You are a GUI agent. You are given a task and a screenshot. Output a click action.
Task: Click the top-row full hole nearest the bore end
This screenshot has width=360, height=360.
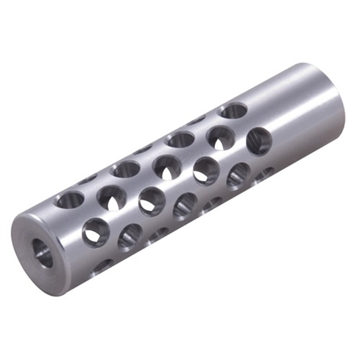click(x=69, y=199)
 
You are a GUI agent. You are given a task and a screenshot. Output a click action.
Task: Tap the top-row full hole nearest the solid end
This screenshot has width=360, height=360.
click(x=233, y=110)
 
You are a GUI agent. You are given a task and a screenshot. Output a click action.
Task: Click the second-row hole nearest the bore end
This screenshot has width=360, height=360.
click(x=111, y=198)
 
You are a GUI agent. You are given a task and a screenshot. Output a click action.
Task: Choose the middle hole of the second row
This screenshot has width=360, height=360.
click(x=167, y=167)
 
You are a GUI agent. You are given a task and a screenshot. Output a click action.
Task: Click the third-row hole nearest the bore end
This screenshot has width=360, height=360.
click(x=95, y=232)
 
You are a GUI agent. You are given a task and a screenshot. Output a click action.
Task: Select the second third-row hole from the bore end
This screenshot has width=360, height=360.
click(x=151, y=201)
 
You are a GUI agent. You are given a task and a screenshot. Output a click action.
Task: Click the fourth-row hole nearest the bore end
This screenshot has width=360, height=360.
click(x=130, y=236)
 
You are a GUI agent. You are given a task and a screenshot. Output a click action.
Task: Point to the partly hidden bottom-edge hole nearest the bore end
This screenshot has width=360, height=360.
click(x=103, y=265)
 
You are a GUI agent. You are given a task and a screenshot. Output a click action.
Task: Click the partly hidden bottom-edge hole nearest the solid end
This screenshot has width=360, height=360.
click(x=265, y=172)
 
